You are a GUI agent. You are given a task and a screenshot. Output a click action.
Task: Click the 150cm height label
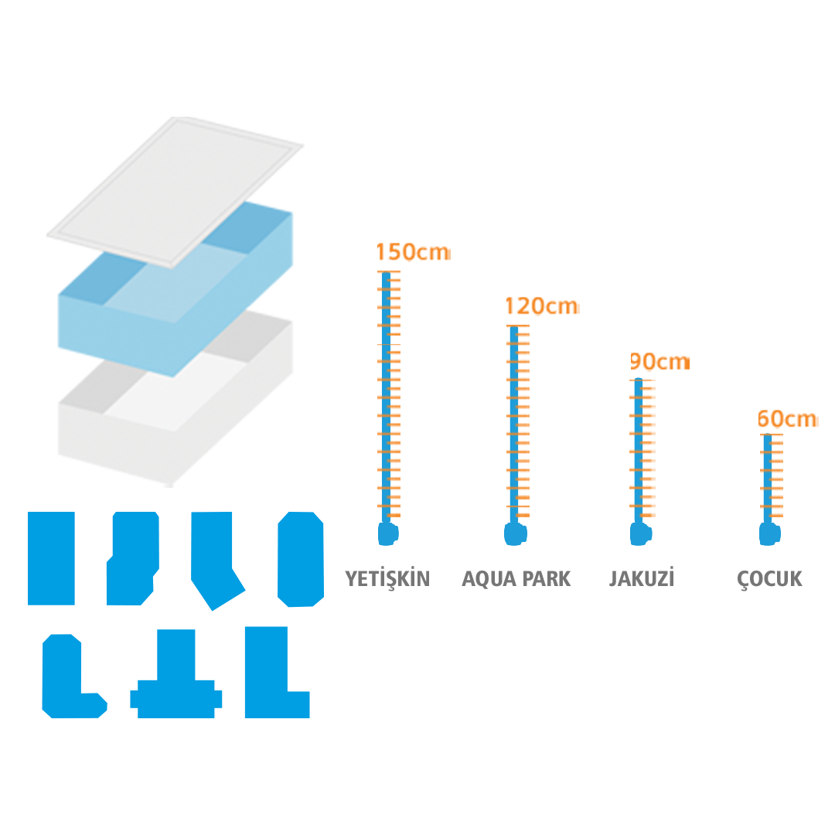413,252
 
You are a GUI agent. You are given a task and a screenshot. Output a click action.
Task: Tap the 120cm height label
541,306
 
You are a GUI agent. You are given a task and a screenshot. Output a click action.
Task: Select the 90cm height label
659,362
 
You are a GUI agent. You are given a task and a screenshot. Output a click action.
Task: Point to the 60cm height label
787,418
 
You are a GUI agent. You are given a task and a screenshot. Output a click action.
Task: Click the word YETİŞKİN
387,579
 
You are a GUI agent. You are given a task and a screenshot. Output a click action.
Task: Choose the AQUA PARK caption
516,579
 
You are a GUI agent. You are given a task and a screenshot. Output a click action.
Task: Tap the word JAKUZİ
642,578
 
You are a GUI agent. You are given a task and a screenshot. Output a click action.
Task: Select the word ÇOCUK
769,579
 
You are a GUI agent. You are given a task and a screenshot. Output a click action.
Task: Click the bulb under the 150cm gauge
387,533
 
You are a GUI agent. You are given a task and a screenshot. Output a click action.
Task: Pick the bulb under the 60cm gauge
769,533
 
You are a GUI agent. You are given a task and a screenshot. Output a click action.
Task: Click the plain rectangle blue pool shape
51,558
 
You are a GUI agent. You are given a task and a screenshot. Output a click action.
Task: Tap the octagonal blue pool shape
301,559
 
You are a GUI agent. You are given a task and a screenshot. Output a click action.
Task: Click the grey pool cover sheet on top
176,192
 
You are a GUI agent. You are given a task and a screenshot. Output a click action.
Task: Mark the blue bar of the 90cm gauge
639,451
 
